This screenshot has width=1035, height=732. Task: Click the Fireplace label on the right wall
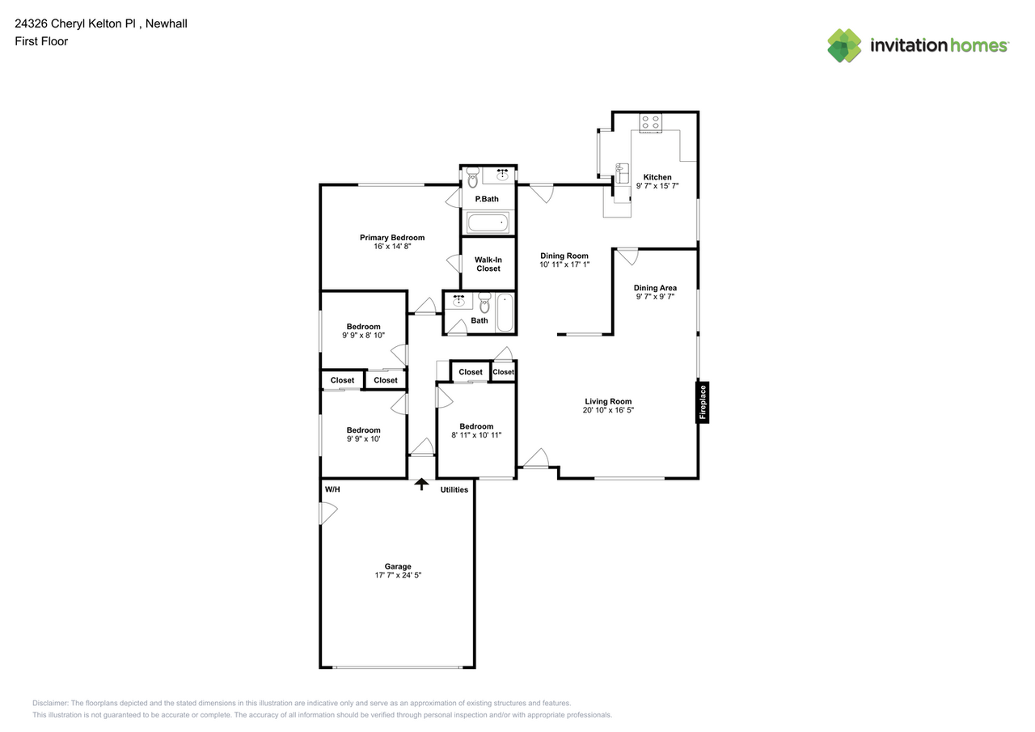(x=703, y=403)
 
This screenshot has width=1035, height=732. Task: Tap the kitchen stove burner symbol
(x=651, y=122)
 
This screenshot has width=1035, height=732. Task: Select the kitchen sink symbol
(x=622, y=173)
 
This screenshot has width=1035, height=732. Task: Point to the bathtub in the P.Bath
(x=488, y=222)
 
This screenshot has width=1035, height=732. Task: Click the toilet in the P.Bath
(x=472, y=177)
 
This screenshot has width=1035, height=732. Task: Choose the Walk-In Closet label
(x=488, y=264)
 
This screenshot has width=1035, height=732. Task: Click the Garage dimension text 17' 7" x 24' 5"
(x=398, y=575)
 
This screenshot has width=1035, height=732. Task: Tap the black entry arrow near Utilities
(x=421, y=484)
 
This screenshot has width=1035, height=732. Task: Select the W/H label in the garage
(x=332, y=489)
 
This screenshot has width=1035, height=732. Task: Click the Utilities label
(x=454, y=490)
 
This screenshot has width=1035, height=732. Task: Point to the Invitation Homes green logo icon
(x=844, y=46)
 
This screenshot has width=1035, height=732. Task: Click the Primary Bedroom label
(x=392, y=238)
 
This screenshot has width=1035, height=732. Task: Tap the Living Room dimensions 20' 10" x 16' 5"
(x=608, y=410)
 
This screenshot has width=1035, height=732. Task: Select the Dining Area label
(x=655, y=288)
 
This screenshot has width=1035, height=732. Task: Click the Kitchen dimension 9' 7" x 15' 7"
(x=657, y=186)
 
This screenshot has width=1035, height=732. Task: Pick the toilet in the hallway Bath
(x=484, y=303)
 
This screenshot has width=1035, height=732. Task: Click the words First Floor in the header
(x=41, y=41)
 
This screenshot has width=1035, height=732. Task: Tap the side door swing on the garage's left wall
(x=328, y=513)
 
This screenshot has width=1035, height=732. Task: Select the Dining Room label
(x=564, y=256)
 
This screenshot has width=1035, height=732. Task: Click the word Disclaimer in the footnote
(x=50, y=703)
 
